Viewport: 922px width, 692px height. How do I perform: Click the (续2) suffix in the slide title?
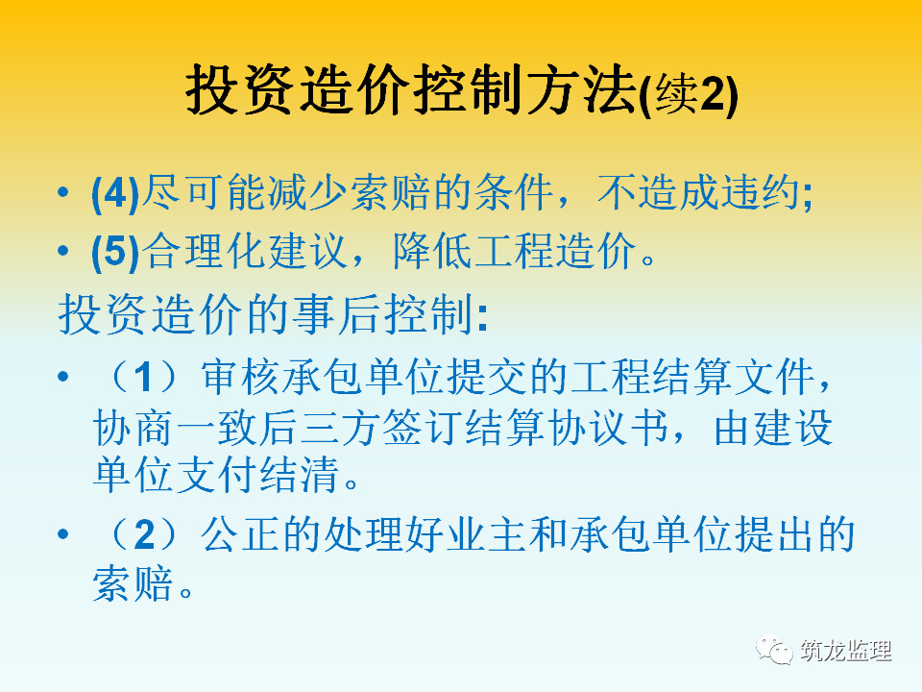pos(688,94)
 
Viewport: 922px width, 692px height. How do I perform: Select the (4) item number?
pos(116,193)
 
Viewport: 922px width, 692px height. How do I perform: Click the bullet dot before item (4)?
pos(63,192)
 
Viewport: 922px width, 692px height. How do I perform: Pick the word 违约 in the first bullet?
pos(761,192)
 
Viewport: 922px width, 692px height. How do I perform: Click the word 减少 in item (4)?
pos(308,192)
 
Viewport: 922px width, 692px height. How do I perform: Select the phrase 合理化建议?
pos(245,251)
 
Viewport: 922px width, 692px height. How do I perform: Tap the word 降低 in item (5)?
pos(433,251)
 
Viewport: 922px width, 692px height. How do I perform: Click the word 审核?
pos(241,377)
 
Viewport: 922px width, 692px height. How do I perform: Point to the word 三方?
pos(339,427)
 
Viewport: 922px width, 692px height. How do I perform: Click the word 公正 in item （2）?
pos(241,534)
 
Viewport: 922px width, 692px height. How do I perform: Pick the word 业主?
pos(486,534)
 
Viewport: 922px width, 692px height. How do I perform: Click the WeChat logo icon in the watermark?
pos(774,650)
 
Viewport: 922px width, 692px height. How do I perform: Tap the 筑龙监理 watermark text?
pos(845,651)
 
